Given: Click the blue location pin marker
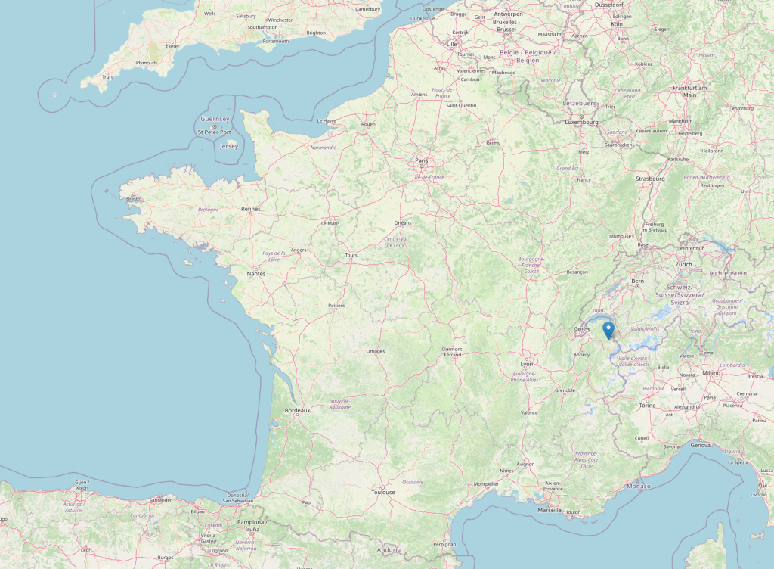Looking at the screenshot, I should click(608, 330).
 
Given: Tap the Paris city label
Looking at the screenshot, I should click(421, 160).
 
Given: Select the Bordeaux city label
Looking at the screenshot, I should click(297, 410).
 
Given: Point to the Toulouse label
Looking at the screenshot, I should click(383, 492).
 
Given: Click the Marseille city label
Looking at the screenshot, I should click(550, 510).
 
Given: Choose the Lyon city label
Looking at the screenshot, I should click(527, 364).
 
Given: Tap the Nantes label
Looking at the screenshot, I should click(256, 273).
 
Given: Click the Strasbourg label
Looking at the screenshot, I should click(650, 179).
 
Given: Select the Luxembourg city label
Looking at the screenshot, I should click(582, 121).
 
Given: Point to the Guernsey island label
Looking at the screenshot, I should click(215, 119).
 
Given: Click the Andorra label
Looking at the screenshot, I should click(390, 549).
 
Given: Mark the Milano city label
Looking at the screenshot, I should click(711, 373).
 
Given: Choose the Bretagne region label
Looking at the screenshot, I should click(208, 210).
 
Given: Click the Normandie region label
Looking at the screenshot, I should click(323, 148).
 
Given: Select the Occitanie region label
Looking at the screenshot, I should click(413, 482).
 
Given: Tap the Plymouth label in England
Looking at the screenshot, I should click(146, 63).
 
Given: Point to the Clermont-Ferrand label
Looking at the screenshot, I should click(452, 351).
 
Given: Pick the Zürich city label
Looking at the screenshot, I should click(683, 264).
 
